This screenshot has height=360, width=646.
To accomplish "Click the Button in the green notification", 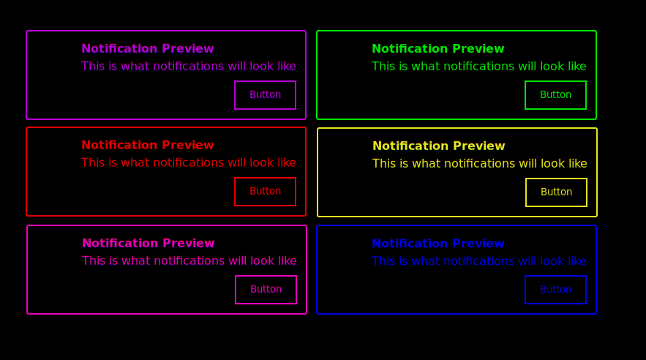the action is [x=555, y=95].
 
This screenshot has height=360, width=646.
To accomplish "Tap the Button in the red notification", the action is [x=265, y=192].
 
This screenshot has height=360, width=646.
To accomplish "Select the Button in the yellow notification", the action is [x=556, y=192].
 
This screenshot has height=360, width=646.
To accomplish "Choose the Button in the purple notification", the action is [x=265, y=95].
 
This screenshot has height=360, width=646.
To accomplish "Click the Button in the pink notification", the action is [x=266, y=290].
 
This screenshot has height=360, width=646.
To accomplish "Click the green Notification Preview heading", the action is [x=438, y=49].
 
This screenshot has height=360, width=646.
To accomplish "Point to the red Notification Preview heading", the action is [x=148, y=146].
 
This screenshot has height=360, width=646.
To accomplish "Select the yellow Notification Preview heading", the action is [x=439, y=146].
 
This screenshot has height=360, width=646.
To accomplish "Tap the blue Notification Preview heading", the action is [x=438, y=244].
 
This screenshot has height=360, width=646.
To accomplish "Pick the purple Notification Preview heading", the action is [x=148, y=49].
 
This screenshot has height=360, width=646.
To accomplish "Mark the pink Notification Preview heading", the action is [x=149, y=244].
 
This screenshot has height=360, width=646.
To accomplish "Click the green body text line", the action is [x=478, y=67].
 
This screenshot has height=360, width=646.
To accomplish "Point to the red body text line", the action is [x=188, y=162].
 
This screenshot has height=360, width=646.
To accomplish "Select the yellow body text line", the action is [x=479, y=163].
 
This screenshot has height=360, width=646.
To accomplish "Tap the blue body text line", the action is [x=478, y=261].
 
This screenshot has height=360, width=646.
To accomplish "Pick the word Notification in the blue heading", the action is [x=409, y=244].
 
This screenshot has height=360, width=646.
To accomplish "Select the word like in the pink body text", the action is [x=286, y=260].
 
